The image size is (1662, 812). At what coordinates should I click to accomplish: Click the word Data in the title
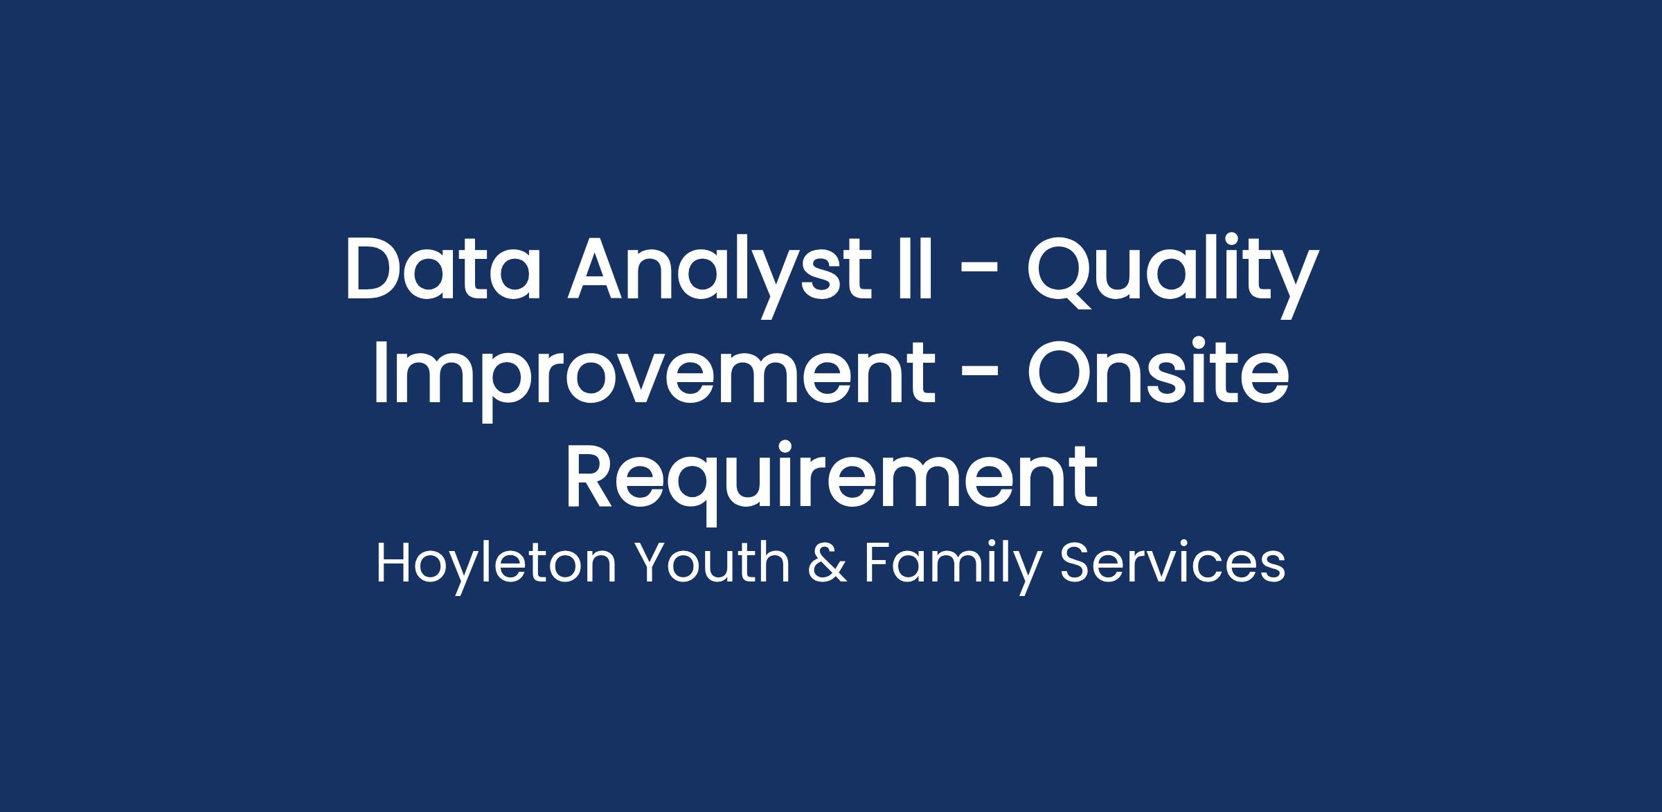(443, 269)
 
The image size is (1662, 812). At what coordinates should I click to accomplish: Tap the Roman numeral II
(915, 269)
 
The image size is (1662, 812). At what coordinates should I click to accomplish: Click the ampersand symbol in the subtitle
(828, 563)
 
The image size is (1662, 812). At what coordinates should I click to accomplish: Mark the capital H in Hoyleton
(394, 563)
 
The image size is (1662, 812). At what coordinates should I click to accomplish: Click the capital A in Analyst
(600, 269)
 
